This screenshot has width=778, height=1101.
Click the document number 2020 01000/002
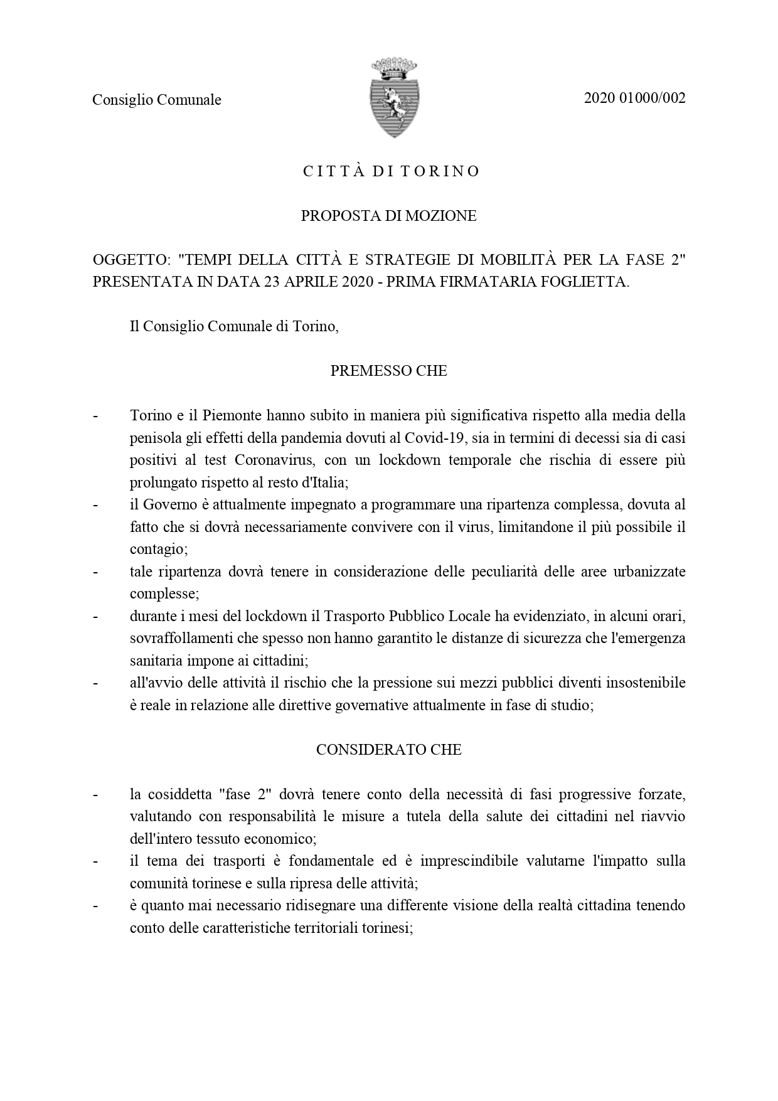pos(634,98)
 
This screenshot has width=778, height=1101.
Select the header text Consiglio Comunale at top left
pos(157,100)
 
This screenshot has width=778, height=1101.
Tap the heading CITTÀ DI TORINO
pos(392,171)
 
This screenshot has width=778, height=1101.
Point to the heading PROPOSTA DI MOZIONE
pos(388,216)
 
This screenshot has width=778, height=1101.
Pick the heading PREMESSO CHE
pos(388,371)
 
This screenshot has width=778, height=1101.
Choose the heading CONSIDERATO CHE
pos(388,750)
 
